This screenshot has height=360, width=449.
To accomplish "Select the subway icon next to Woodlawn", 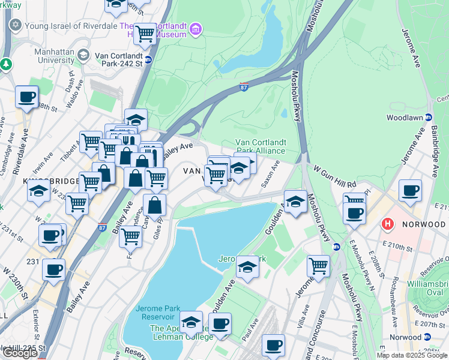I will [429, 118].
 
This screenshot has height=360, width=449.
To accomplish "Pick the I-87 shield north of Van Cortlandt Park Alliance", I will [244, 86].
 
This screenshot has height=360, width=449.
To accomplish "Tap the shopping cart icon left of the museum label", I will [145, 34].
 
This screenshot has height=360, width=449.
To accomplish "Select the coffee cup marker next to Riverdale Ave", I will [26, 98].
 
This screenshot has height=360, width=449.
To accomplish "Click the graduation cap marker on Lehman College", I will [191, 323].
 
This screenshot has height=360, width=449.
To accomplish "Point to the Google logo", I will [20, 352].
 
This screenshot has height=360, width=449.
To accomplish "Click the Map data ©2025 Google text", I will [412, 355].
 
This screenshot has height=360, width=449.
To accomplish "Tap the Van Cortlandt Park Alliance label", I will [260, 146].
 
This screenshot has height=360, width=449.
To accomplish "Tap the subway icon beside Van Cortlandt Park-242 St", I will [148, 60].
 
